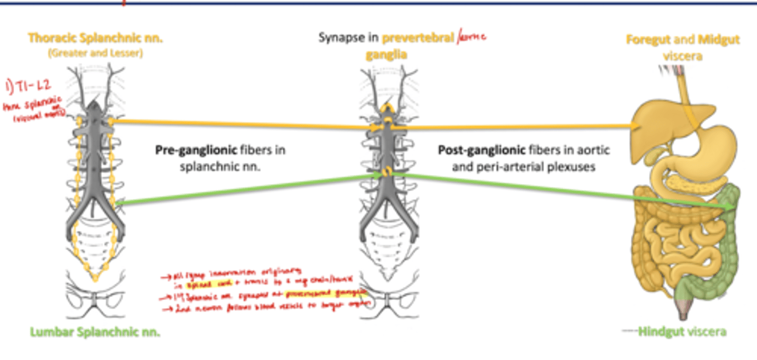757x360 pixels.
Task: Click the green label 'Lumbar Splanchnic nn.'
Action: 95,332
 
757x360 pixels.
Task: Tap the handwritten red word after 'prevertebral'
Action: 472,38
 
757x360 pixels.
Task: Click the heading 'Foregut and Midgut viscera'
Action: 682,47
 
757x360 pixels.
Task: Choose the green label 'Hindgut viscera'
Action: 682,332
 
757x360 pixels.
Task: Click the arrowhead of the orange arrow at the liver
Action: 635,126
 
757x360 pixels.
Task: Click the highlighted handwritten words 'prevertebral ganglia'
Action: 336,294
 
